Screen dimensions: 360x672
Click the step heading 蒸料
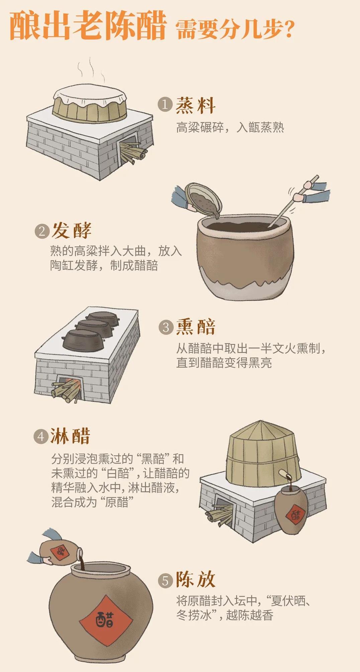tap(196, 106)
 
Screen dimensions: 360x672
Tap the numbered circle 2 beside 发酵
tap(42, 231)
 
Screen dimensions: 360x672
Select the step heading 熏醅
tap(196, 327)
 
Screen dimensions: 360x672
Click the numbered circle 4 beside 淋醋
tap(41, 437)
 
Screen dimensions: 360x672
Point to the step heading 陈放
tap(196, 580)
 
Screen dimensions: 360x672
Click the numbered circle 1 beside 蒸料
tap(165, 105)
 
